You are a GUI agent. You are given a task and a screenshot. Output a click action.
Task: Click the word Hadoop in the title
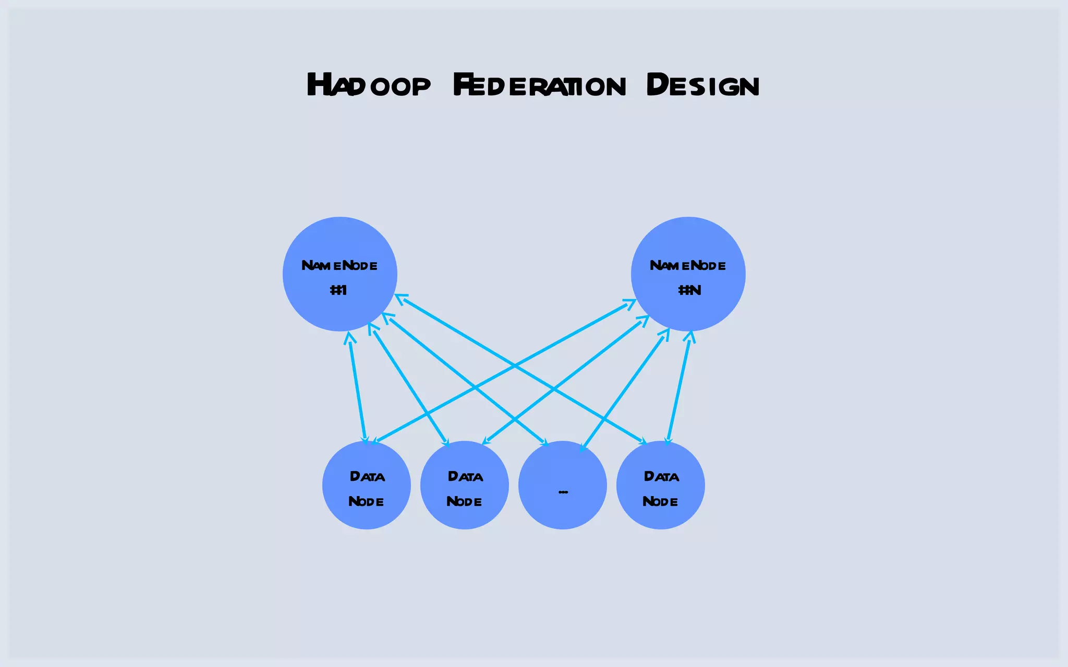(x=369, y=85)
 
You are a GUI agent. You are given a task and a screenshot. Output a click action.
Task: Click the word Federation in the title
(x=539, y=85)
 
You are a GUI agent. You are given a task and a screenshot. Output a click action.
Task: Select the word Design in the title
(x=702, y=85)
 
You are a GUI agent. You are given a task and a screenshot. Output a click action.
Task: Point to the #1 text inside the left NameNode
(x=338, y=290)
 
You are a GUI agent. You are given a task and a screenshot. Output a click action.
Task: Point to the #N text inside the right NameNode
(x=689, y=290)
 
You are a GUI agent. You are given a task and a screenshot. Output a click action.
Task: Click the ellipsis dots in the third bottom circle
(x=563, y=491)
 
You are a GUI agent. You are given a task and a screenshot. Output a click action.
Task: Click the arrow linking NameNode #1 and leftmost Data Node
(x=357, y=388)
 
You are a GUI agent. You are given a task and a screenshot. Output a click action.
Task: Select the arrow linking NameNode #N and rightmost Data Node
(x=679, y=388)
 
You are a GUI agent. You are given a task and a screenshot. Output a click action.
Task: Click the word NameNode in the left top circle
(x=339, y=266)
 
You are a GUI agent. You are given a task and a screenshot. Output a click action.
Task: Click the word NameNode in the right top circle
(x=688, y=266)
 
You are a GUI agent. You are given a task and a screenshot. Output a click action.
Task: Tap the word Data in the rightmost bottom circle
(x=661, y=476)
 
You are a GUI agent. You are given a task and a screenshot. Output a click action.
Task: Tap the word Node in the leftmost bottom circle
(x=366, y=501)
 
